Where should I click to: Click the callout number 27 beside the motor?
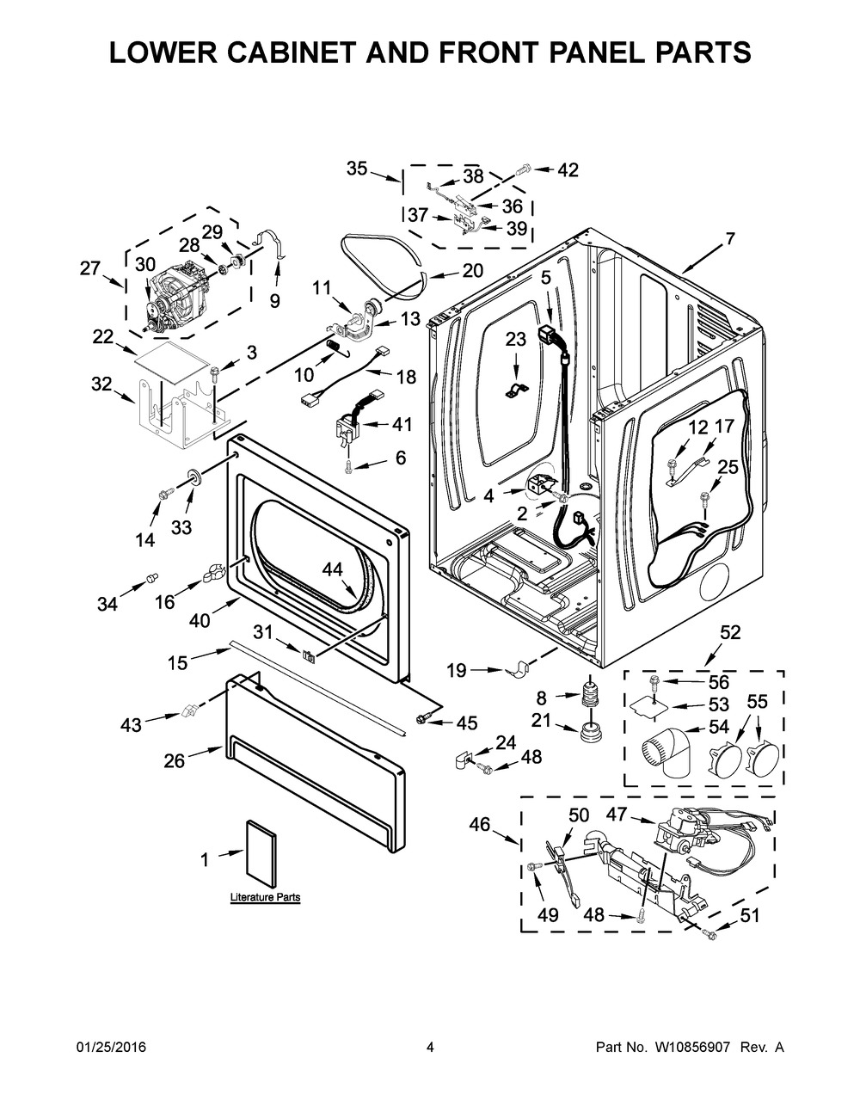89,268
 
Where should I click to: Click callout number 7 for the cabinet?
729,238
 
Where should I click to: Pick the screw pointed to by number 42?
524,169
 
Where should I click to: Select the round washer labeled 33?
194,474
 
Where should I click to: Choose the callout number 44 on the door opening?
333,569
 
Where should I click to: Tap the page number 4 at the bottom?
430,1059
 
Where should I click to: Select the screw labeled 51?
709,934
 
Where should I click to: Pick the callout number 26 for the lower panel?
174,760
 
